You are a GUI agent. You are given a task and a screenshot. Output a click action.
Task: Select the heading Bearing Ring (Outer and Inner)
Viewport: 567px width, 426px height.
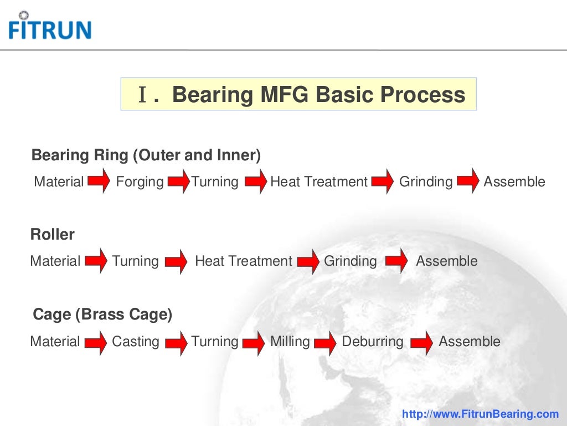146,155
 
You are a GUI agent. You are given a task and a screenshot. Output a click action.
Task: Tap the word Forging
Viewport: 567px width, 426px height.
140,182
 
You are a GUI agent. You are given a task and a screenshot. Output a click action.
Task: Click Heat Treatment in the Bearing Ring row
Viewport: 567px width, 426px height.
318,182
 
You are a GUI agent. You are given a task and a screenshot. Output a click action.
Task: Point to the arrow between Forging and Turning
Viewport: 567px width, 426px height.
178,182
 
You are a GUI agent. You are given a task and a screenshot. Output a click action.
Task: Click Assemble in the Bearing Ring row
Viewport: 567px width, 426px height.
514,182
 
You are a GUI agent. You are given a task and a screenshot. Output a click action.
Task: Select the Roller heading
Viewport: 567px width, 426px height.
52,235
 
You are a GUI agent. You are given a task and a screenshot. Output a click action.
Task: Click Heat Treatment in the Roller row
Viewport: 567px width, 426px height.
243,261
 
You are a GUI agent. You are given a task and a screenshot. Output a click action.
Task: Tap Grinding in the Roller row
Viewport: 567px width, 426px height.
350,261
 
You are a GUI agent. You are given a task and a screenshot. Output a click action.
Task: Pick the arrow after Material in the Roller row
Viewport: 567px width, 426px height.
96,261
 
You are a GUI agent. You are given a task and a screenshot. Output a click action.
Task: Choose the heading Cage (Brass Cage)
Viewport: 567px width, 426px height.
102,315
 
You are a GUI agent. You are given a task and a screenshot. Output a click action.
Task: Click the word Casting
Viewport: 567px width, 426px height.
135,342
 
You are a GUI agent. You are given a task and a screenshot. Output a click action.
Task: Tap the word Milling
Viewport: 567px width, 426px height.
290,342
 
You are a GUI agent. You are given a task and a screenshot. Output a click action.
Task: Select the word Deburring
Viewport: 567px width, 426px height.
373,342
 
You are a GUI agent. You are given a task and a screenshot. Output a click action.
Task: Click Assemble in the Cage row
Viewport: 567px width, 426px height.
469,342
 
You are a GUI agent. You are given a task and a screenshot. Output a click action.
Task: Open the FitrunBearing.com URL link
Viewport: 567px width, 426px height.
480,414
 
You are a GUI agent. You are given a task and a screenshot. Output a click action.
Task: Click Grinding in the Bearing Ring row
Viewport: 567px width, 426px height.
426,182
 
